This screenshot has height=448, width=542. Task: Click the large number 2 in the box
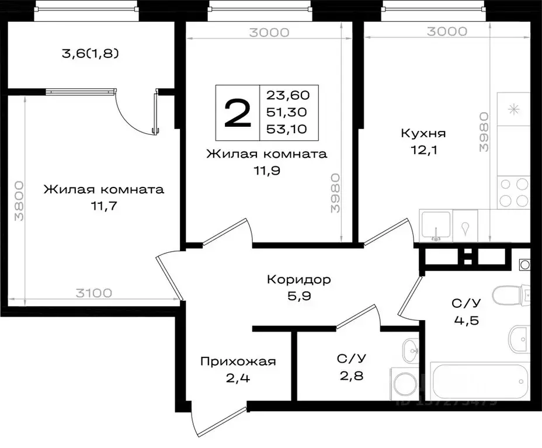[237, 113]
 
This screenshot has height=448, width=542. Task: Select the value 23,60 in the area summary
[288, 95]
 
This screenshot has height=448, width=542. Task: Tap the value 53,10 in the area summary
[288, 129]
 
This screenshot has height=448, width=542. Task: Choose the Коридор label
[298, 280]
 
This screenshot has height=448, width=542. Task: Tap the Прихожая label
[237, 362]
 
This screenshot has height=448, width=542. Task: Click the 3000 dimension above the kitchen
[447, 32]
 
